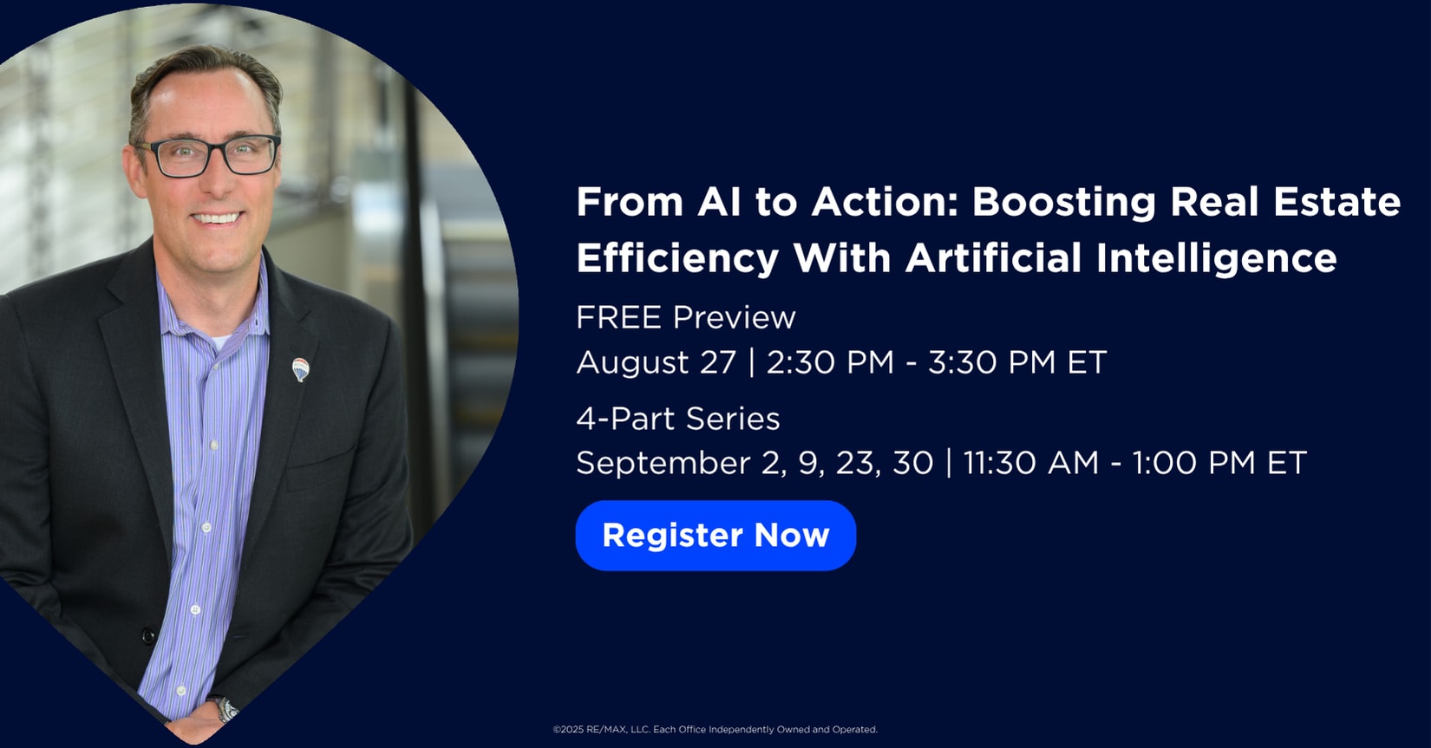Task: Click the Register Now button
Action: coord(715,535)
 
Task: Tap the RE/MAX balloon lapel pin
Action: coord(300,369)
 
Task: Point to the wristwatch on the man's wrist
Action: coord(225,708)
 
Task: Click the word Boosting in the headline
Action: coord(1063,202)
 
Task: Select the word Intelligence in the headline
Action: coord(1216,257)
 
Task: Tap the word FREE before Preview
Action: coord(618,317)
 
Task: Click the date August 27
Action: coord(656,362)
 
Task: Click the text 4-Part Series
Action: coord(678,419)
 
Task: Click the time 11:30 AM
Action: coord(1031,463)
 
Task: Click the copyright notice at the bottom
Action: coord(715,729)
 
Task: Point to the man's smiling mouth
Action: coord(217,219)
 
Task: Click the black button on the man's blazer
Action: coord(148,636)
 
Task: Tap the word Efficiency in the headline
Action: coord(677,257)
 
